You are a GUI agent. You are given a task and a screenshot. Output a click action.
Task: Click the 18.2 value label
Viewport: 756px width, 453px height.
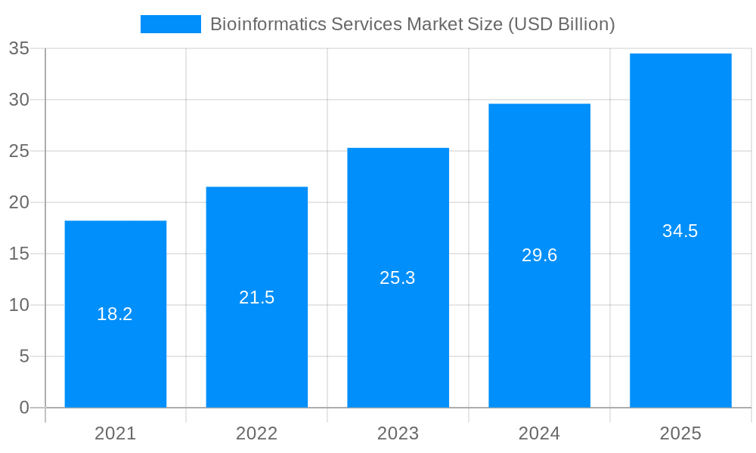point(115,314)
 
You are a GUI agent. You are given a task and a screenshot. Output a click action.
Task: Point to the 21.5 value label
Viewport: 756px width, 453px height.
point(257,297)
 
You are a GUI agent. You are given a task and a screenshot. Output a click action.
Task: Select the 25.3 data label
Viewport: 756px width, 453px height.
point(398,278)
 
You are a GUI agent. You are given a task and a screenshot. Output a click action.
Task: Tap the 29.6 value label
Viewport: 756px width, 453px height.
point(540,255)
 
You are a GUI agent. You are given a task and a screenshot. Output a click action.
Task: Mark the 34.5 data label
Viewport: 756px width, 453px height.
point(680,231)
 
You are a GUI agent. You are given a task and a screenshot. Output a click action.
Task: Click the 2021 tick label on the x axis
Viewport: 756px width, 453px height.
point(116,433)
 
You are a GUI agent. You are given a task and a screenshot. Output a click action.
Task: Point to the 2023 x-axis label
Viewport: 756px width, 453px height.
point(398,433)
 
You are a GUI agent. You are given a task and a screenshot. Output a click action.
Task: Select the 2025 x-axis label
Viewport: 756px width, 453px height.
point(680,433)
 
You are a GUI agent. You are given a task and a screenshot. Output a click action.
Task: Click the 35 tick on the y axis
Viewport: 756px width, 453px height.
point(19,48)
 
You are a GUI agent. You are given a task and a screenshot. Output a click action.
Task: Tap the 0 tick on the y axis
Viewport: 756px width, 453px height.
point(24,408)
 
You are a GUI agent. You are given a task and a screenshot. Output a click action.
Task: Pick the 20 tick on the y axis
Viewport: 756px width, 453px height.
point(19,202)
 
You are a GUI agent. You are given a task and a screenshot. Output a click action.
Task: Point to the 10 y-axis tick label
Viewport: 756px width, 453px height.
point(19,305)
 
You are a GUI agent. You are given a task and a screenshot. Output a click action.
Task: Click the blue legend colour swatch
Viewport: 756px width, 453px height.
point(171,24)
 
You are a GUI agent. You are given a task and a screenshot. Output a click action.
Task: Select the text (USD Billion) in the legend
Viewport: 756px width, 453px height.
point(561,24)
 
